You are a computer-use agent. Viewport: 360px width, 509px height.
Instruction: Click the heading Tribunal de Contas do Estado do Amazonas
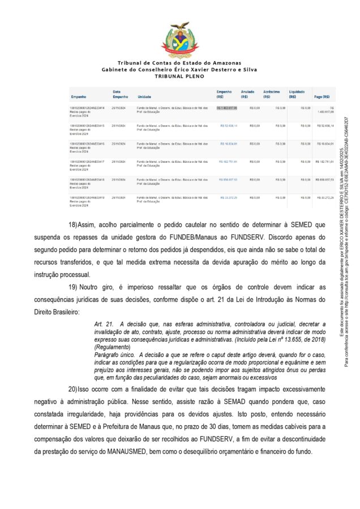click(179, 63)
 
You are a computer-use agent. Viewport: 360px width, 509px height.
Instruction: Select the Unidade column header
click(144, 97)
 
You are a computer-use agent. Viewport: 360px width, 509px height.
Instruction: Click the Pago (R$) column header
click(322, 97)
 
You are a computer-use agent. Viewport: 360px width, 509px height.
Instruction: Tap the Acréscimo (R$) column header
click(272, 94)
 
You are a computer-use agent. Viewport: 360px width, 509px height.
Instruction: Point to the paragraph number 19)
click(72, 288)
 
